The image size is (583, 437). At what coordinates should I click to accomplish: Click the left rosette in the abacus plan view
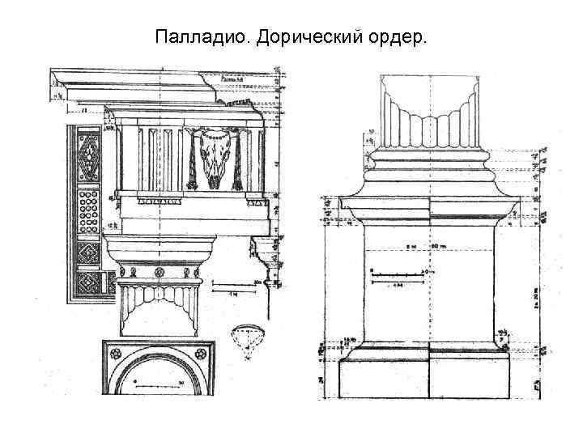(x=114, y=354)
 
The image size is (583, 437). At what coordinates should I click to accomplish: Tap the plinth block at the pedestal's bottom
(x=429, y=380)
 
